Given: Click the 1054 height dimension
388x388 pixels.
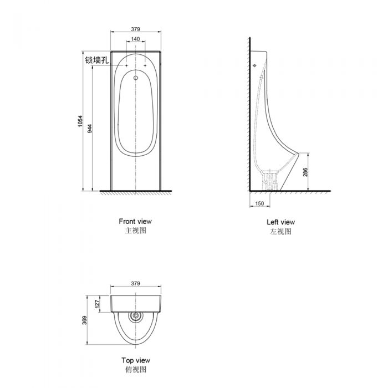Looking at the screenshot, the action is [80, 121].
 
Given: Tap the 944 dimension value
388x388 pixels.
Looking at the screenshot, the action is [90, 129].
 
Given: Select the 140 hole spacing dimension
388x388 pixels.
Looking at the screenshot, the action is [135, 39].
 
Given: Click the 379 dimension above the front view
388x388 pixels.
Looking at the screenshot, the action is [136, 29].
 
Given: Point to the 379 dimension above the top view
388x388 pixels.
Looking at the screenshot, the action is [136, 283].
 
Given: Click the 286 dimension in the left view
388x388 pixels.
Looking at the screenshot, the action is [305, 172].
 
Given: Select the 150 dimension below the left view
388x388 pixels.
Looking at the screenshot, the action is [259, 203].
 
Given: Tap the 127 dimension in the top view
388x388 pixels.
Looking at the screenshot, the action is [97, 304].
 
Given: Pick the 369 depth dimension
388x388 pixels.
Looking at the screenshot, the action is [85, 320].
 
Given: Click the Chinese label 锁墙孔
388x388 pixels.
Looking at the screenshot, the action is [97, 60].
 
